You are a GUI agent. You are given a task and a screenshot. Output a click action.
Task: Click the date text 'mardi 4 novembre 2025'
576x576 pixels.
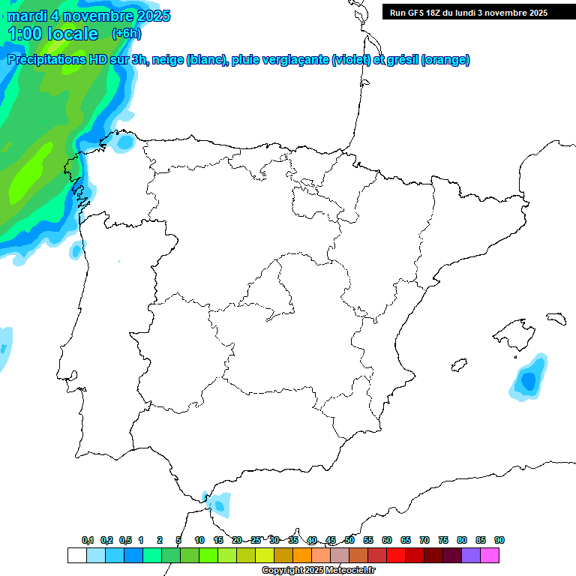point(88,16)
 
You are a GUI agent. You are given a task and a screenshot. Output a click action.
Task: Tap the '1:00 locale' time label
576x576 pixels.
point(53,34)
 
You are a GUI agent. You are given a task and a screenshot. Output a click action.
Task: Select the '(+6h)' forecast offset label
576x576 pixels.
point(126,34)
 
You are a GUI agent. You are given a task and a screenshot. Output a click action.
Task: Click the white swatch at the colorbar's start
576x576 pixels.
point(76,556)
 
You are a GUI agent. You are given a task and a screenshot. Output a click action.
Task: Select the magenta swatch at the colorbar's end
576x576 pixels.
point(490,556)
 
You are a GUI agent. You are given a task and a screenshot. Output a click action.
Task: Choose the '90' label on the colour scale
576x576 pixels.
point(499,540)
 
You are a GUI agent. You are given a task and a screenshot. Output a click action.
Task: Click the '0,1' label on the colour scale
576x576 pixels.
point(88,540)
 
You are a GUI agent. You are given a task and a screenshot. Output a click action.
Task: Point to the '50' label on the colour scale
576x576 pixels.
point(349,540)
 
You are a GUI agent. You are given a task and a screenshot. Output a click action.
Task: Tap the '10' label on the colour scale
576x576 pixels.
point(199,540)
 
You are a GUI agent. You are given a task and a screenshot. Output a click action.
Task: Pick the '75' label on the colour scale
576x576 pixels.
point(443,540)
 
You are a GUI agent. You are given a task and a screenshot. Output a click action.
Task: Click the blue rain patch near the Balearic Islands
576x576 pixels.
point(529,379)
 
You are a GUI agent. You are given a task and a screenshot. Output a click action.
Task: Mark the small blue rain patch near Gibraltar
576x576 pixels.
point(219,503)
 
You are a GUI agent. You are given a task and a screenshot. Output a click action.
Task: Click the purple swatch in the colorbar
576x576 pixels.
point(471,556)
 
